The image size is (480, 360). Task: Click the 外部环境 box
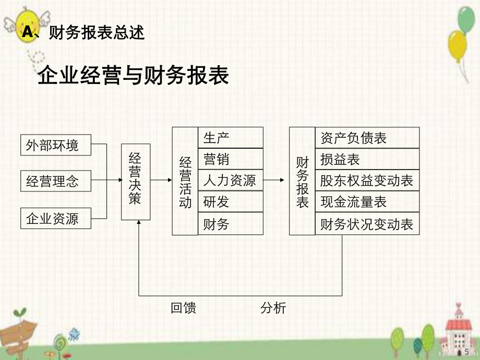(x=56, y=145)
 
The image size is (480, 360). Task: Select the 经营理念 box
(x=56, y=182)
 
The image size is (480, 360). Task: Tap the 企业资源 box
(x=56, y=218)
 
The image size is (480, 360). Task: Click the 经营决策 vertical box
(x=136, y=182)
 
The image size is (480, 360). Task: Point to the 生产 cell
(x=230, y=138)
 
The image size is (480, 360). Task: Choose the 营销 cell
(x=230, y=159)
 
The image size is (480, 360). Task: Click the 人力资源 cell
(x=230, y=181)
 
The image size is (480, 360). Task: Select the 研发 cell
(x=230, y=202)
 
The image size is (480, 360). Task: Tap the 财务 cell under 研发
(x=230, y=224)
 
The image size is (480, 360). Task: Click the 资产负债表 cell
(x=367, y=138)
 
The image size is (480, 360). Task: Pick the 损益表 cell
(x=367, y=159)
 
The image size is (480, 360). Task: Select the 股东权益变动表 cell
(x=367, y=181)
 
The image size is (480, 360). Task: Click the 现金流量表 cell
(x=367, y=202)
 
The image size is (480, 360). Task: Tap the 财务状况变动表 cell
(x=367, y=224)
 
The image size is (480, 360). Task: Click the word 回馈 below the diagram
(x=184, y=308)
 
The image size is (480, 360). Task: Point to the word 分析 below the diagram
(x=273, y=308)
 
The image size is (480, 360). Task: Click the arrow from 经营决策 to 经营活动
(x=161, y=181)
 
